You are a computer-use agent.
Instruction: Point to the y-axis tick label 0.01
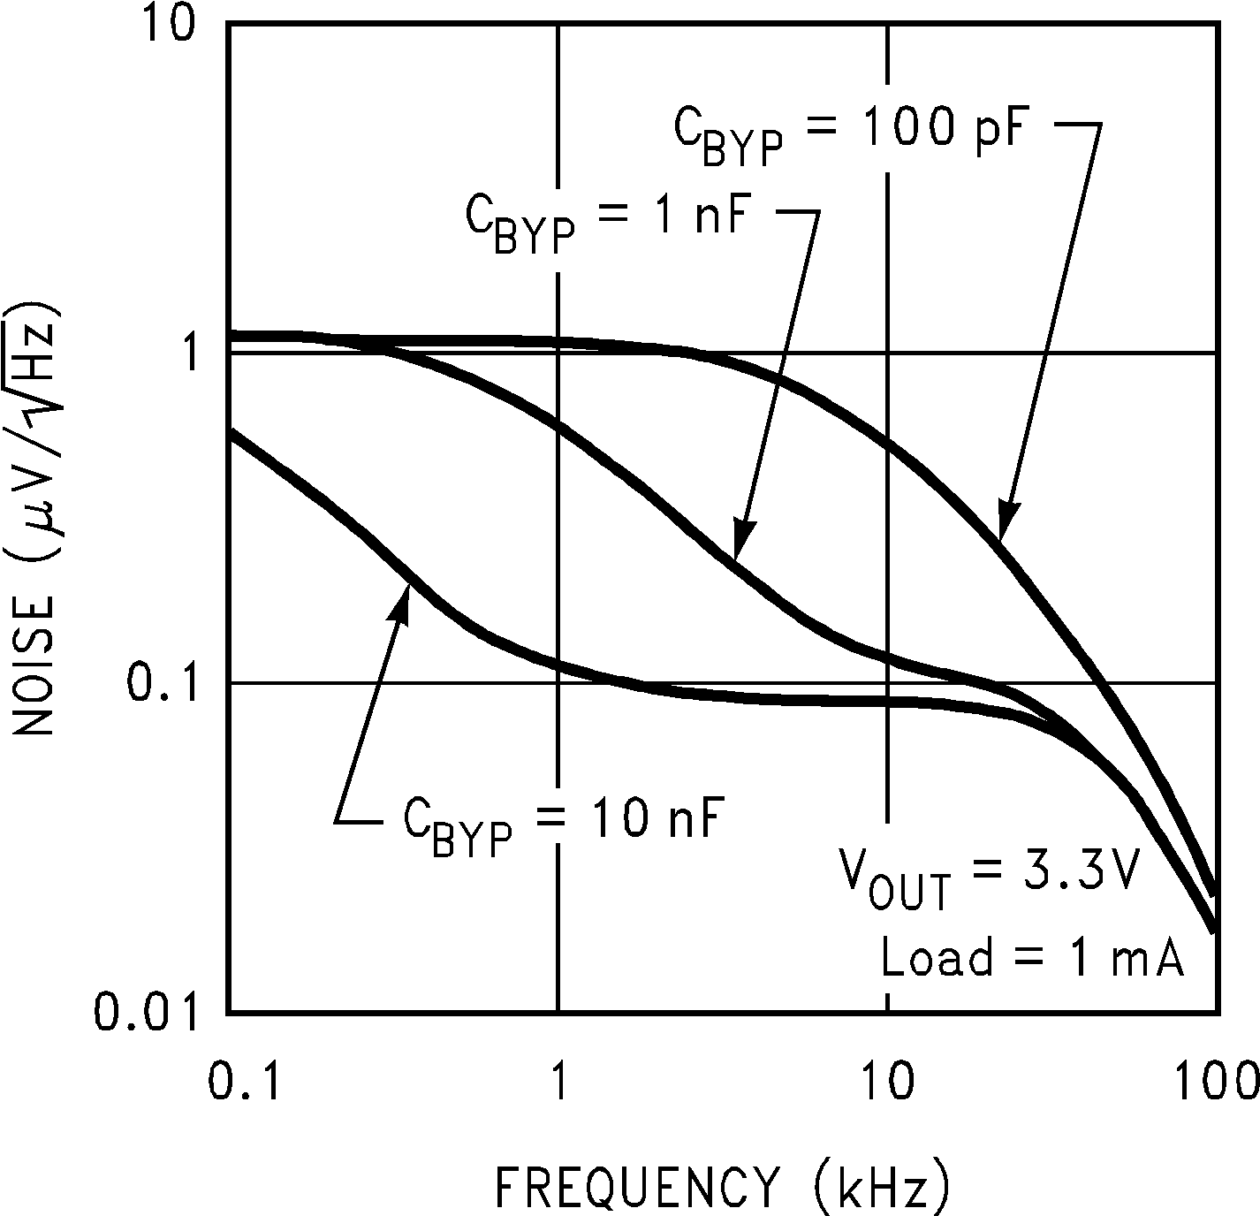146,1012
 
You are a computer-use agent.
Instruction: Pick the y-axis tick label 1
186,354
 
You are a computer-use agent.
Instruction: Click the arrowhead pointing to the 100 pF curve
1006,521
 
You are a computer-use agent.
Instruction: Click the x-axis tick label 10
887,1083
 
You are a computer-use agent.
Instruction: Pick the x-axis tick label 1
558,1083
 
